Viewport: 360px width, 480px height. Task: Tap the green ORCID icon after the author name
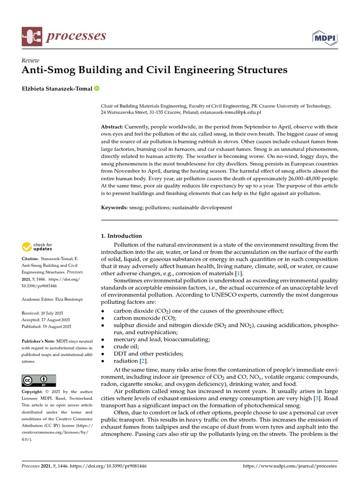coord(97,89)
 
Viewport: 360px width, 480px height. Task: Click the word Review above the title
coord(30,60)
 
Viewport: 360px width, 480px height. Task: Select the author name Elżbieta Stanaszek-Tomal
coord(57,89)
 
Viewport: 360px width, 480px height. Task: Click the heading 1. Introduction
coord(121,236)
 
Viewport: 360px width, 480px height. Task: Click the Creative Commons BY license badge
coord(39,380)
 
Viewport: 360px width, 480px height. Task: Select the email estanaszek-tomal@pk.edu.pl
coord(231,113)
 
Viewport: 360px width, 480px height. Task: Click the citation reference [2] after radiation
coord(143,360)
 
